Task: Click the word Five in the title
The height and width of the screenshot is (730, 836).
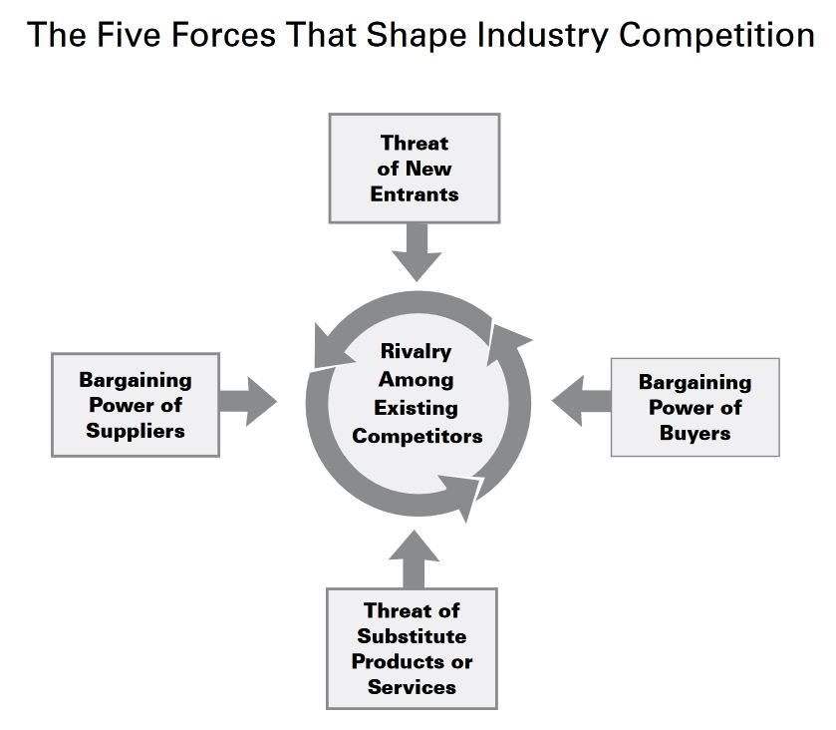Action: [125, 36]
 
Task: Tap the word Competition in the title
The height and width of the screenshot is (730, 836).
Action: [715, 36]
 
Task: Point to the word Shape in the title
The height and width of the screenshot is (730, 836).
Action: [406, 36]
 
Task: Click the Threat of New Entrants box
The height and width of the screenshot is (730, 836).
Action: [415, 169]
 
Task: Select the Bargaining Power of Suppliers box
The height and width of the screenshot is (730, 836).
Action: [136, 405]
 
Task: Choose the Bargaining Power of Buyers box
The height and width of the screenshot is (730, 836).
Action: [695, 407]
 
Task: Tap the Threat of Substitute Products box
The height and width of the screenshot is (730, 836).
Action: [413, 648]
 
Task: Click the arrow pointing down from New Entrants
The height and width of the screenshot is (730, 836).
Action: [416, 251]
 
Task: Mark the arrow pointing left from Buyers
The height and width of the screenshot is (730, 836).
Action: [582, 402]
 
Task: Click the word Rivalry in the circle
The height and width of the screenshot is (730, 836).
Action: [416, 351]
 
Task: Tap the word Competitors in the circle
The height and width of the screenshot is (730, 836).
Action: [417, 436]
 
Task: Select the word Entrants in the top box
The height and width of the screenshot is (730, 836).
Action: [415, 194]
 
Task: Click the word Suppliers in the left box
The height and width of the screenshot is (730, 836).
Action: [136, 432]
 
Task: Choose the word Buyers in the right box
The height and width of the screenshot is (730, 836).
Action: [695, 434]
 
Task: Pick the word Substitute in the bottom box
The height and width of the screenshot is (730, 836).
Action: [413, 636]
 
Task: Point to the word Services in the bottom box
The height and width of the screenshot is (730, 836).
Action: [413, 686]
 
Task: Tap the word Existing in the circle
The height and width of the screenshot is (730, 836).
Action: [416, 408]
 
